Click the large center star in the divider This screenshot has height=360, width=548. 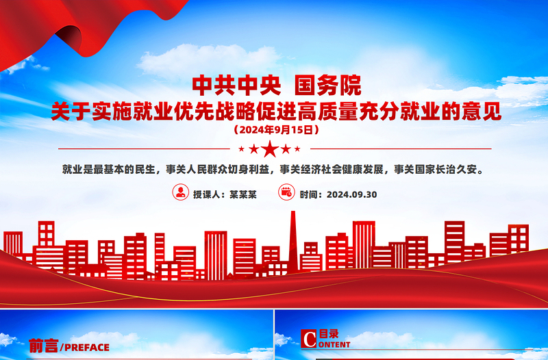click(271, 148)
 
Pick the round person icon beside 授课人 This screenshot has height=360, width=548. click(180, 193)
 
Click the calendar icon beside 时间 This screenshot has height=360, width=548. click(286, 193)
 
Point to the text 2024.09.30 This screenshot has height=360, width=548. click(352, 194)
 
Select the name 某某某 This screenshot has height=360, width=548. click(243, 194)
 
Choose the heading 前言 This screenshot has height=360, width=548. click(43, 346)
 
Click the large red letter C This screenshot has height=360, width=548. click(309, 339)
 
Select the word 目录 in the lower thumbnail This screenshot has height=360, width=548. click(329, 334)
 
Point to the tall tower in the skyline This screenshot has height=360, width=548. click(292, 236)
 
